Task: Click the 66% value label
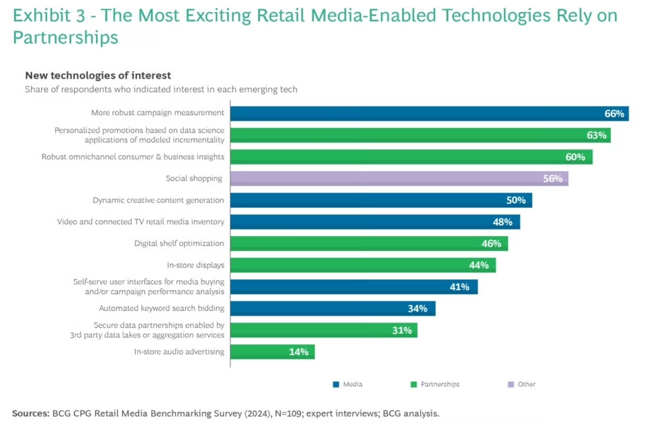(614, 114)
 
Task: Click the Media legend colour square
(336, 385)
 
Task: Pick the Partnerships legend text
(440, 385)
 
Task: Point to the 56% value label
(553, 179)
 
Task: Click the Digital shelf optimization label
(179, 243)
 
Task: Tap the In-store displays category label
(196, 265)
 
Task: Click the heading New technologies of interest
(98, 76)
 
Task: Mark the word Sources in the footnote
(30, 414)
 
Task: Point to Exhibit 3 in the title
(49, 16)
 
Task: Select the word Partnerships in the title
(65, 38)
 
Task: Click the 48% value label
(502, 222)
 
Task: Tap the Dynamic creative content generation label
(158, 200)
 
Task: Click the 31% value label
(402, 330)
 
